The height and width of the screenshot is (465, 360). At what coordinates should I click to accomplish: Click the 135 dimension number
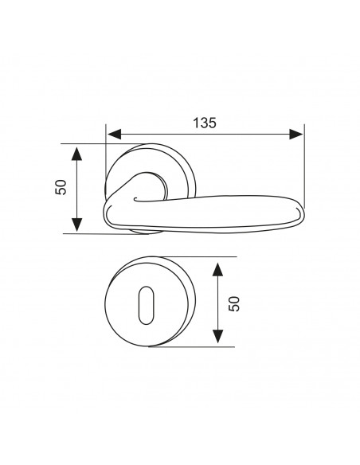[205, 123]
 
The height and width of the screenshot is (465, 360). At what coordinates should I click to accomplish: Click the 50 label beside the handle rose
[61, 187]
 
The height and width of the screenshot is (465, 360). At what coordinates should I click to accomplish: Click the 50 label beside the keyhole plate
[234, 303]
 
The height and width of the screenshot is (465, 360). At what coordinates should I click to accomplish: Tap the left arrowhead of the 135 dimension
[115, 135]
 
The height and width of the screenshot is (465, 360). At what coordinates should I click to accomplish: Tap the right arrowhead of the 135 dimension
[296, 135]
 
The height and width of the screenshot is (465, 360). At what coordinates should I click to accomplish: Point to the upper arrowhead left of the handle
[76, 154]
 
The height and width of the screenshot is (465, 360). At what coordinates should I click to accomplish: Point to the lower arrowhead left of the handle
[76, 225]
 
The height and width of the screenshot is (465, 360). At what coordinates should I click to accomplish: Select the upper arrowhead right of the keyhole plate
[218, 270]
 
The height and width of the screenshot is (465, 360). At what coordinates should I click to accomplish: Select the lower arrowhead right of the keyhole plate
[218, 336]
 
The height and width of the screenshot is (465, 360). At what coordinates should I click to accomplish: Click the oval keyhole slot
[147, 305]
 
